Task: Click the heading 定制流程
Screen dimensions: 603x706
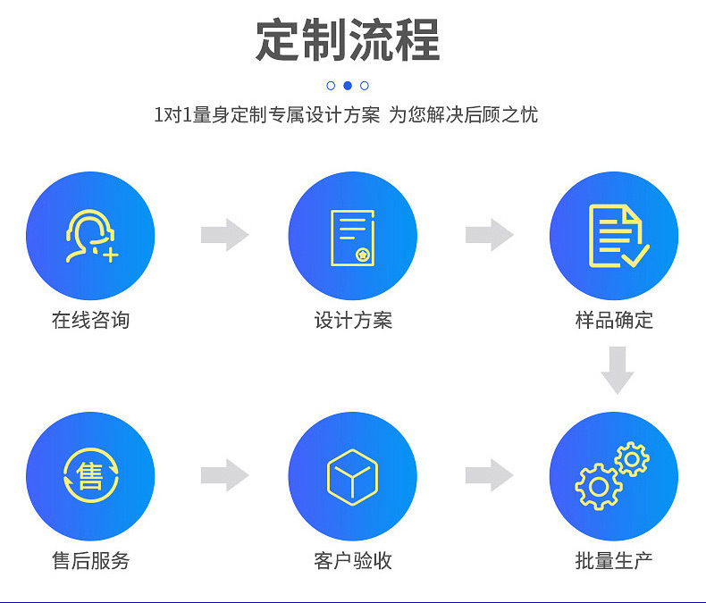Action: pos(348,40)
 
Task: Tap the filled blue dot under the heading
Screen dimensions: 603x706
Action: pos(348,86)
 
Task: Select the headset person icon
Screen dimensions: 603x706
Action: pos(90,236)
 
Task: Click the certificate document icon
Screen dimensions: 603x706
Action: pos(352,237)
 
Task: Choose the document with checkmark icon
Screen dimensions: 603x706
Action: pos(617,236)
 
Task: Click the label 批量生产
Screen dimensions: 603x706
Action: pos(614,561)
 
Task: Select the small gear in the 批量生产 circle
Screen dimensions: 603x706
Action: pos(633,459)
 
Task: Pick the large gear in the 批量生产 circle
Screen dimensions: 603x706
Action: pos(598,487)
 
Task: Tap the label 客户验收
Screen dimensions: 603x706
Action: pos(353,561)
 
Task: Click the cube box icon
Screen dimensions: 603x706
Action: pos(352,476)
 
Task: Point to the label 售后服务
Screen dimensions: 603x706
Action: pos(90,561)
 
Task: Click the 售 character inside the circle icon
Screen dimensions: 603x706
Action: pos(90,475)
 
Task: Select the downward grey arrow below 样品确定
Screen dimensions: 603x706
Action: pos(617,370)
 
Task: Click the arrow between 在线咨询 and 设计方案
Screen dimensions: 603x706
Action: pos(224,235)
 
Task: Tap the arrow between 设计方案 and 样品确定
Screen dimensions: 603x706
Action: pos(489,235)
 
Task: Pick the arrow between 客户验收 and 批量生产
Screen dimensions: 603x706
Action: pos(489,475)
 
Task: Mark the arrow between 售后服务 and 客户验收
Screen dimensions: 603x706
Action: pos(224,475)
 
